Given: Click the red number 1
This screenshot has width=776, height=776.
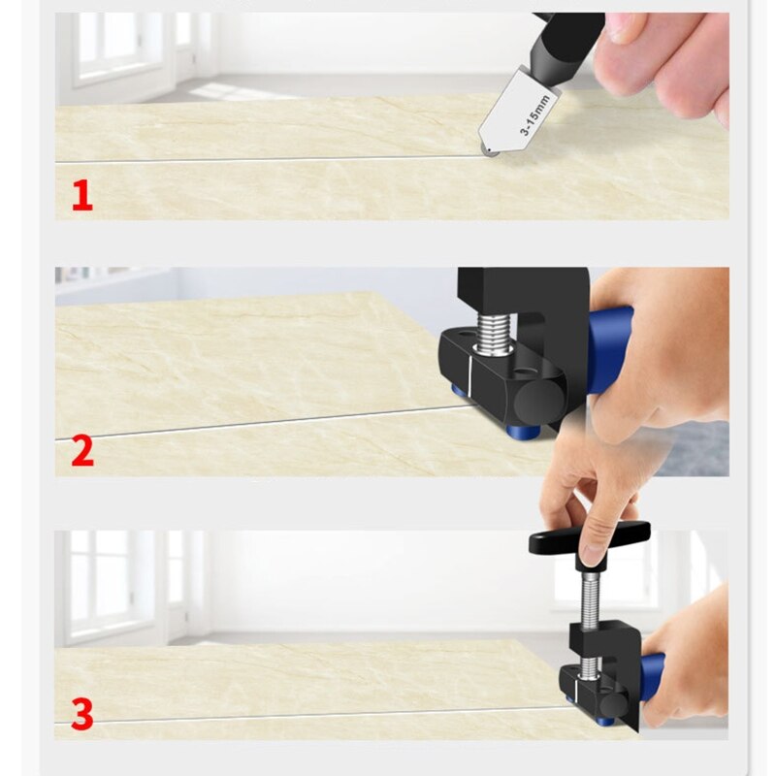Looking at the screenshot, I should [82, 196].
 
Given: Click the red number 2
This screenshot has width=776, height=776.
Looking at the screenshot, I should [82, 451].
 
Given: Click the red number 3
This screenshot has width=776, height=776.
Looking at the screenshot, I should [82, 715].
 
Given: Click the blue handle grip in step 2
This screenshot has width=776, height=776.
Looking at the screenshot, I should [608, 349].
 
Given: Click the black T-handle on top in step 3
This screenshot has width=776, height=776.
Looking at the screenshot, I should [589, 539].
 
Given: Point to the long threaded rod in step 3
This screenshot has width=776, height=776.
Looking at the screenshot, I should [589, 601].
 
